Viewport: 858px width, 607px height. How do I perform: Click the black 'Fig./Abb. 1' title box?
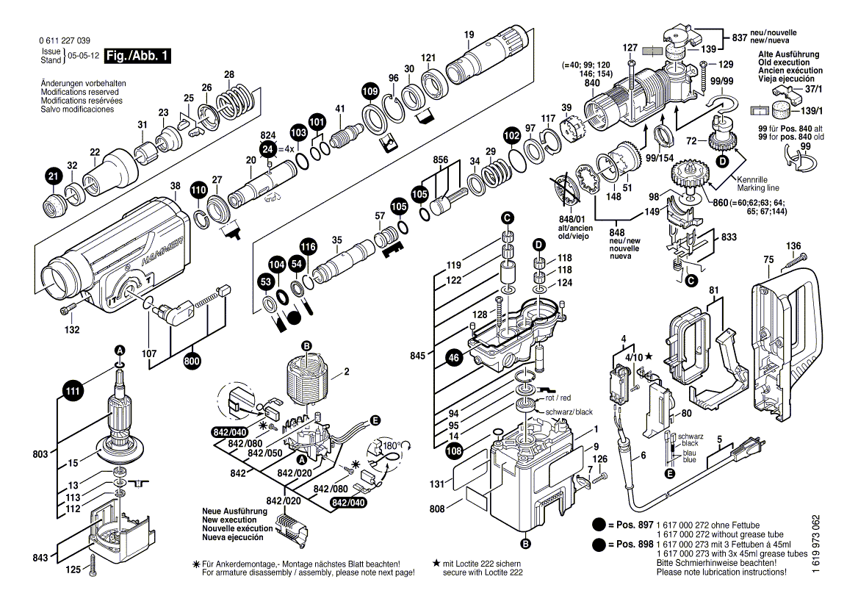pyautogui.click(x=137, y=56)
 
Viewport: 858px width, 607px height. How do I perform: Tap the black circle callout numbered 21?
pyautogui.click(x=53, y=177)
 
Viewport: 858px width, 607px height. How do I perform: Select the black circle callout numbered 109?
pyautogui.click(x=370, y=91)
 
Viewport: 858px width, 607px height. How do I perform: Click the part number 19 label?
pyautogui.click(x=469, y=35)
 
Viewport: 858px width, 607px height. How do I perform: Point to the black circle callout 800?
pyautogui.click(x=192, y=362)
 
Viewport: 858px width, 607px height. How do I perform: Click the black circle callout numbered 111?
pyautogui.click(x=73, y=391)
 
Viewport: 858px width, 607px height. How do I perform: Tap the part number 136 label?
pyautogui.click(x=793, y=246)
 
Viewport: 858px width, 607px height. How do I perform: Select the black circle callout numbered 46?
pyautogui.click(x=454, y=359)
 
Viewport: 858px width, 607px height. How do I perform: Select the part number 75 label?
pyautogui.click(x=769, y=259)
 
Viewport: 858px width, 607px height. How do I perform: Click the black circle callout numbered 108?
pyautogui.click(x=454, y=451)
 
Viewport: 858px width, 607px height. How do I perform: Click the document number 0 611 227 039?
pyautogui.click(x=65, y=41)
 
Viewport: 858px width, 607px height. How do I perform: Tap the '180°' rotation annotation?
pyautogui.click(x=391, y=445)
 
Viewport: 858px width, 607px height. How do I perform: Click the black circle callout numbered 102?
pyautogui.click(x=511, y=135)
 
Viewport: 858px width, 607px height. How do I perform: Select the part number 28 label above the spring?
pyautogui.click(x=229, y=75)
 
